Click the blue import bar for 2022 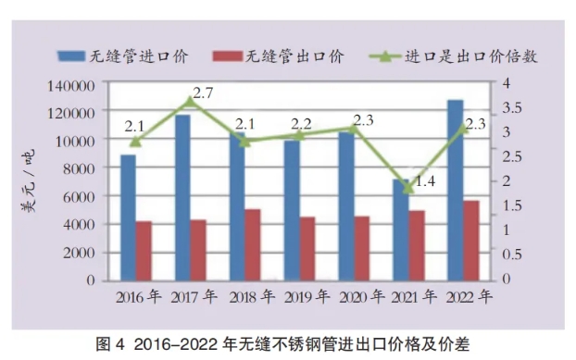tap(456, 190)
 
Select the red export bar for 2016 tap(144, 251)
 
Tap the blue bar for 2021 tap(401, 230)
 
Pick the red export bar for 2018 tap(253, 244)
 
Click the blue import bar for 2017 tap(183, 198)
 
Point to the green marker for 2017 tap(190, 101)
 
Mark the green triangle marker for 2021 tap(408, 188)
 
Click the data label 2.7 tap(203, 93)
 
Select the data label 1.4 tap(425, 180)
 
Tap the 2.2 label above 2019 tap(301, 124)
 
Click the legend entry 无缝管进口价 tap(123, 56)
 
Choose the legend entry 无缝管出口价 tap(279, 56)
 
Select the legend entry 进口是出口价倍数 tap(454, 56)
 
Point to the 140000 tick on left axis tap(71, 86)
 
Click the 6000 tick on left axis tap(79, 197)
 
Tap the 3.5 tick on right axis tap(512, 107)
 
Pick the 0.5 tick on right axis tap(512, 254)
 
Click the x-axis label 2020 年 tap(362, 296)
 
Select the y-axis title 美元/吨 tap(28, 180)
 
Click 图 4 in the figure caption tap(110, 344)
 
